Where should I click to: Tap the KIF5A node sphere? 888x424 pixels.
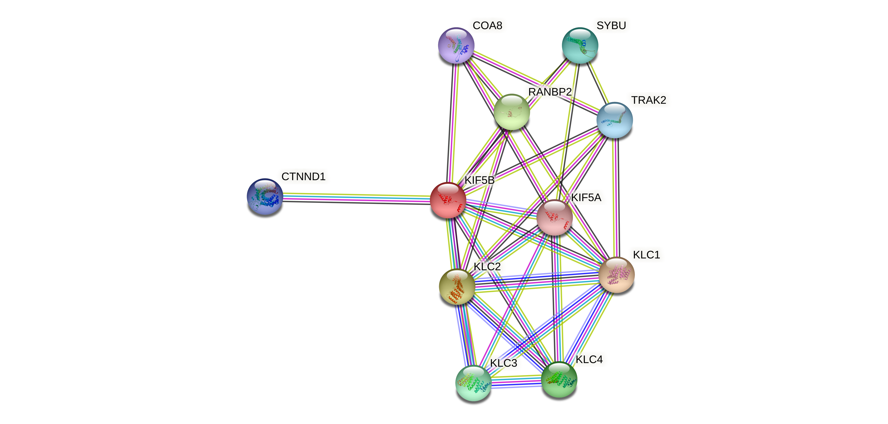point(554,217)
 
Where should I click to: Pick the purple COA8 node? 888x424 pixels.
point(456,45)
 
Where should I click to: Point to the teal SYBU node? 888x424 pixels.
point(580,45)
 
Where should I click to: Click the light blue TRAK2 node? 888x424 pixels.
point(614,120)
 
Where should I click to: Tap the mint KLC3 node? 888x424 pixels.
point(473,383)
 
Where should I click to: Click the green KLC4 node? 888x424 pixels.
point(558,379)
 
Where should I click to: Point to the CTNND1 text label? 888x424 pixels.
point(303,177)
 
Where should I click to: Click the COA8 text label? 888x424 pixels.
point(487,26)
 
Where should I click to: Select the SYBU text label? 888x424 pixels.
point(611,26)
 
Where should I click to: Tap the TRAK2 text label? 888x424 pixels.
point(648,100)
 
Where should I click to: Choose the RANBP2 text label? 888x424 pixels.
point(550,92)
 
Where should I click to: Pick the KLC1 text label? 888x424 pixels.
point(646,255)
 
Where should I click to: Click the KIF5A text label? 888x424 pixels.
point(586,198)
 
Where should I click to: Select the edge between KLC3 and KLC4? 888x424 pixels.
point(516,382)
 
